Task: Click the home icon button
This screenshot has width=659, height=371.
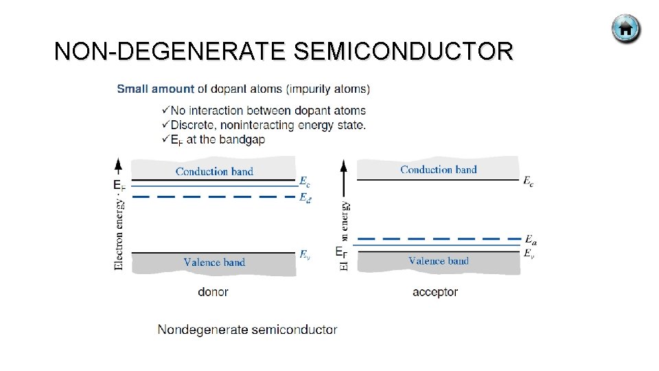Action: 625,30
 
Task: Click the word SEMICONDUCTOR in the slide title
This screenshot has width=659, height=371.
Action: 402,52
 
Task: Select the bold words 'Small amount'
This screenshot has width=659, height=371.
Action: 156,89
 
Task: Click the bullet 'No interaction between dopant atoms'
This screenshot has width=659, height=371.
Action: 267,111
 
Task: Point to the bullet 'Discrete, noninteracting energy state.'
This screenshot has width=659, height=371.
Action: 267,125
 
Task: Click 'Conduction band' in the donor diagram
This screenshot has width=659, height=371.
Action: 214,171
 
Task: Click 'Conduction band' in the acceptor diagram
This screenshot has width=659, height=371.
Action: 438,169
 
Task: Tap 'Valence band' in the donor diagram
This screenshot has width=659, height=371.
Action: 214,262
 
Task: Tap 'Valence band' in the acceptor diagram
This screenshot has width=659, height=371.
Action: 438,260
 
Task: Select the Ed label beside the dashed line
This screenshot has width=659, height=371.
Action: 305,197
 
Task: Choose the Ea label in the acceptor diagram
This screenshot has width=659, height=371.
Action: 530,239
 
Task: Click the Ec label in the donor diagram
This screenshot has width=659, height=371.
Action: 305,181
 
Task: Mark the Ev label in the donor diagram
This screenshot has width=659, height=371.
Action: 305,254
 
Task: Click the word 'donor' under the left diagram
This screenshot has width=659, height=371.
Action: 213,292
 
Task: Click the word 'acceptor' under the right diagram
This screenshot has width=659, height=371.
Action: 435,292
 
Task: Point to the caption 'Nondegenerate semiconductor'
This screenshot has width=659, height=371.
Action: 247,330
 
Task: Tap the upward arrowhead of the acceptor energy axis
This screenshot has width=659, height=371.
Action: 344,165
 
